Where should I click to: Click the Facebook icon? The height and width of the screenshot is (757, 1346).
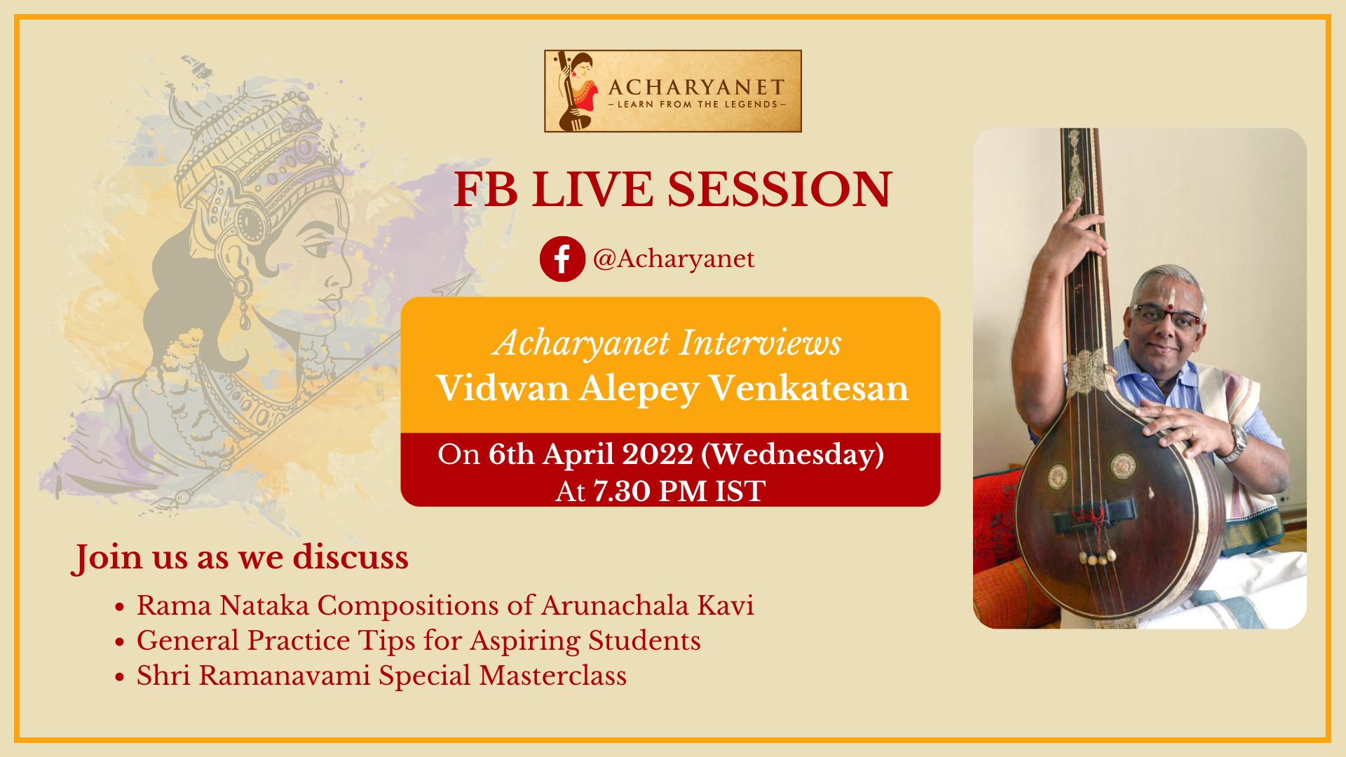coord(562,259)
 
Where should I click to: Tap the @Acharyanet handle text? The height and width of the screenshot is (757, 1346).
coord(674,259)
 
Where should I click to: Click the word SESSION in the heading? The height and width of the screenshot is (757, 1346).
coord(780,189)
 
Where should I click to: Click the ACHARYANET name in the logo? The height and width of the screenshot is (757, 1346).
coord(696,88)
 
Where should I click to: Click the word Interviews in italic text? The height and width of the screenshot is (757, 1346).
coord(761,343)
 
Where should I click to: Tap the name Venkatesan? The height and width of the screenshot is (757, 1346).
coord(809,388)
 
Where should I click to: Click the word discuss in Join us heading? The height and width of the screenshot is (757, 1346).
coord(351,557)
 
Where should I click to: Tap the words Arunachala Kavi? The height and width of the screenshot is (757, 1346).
coord(648,606)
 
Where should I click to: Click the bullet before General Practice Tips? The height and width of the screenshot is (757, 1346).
coord(120,642)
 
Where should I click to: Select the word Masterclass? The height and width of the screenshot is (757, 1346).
coord(553,676)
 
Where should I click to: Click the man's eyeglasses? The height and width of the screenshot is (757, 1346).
coord(1167,316)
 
